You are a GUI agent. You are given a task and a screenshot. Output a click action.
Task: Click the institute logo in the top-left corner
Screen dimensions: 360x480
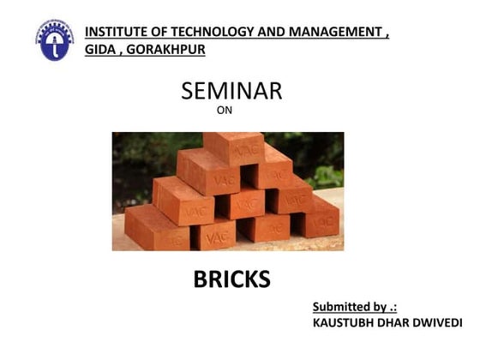point(54,39)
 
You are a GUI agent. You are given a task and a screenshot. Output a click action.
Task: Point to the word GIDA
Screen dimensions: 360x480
point(99,50)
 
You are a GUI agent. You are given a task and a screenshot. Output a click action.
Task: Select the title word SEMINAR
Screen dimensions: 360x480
point(231,92)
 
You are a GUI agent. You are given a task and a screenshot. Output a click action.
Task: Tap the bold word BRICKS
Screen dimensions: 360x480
point(231,279)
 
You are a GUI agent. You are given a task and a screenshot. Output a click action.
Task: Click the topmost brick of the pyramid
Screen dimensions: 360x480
point(234,148)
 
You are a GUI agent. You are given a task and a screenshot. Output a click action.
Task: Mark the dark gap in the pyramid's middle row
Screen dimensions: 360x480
point(248,177)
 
